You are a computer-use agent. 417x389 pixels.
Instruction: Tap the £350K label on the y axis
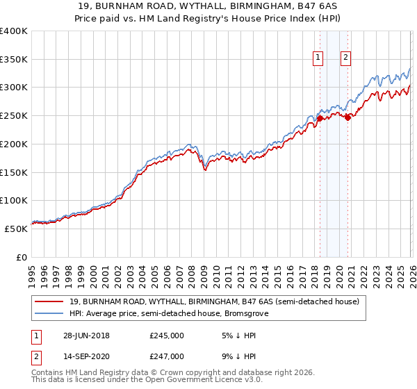click(14, 60)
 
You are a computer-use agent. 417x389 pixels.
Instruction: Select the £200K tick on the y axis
click(14, 144)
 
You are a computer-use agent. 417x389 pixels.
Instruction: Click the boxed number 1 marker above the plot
click(318, 58)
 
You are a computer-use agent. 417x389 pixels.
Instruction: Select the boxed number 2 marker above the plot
click(345, 58)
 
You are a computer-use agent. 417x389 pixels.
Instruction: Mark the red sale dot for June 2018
click(320, 118)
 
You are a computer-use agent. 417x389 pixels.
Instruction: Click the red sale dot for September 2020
click(347, 117)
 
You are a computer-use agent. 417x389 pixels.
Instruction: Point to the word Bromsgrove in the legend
click(245, 314)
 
